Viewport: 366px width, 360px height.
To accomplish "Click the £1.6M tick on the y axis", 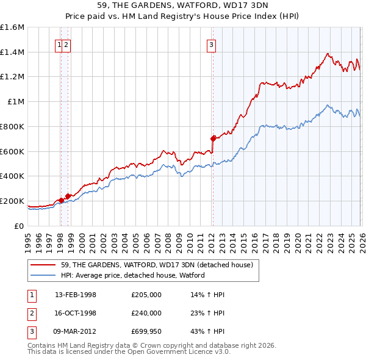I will click(x=12, y=27).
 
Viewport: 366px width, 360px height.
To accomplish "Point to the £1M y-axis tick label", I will click(x=15, y=102).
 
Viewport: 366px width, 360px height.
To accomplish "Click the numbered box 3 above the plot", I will click(x=211, y=43).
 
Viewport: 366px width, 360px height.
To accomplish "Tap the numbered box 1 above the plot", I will click(x=59, y=43).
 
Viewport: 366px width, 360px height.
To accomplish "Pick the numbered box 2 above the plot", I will click(x=66, y=43).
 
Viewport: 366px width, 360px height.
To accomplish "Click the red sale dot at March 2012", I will click(x=213, y=139).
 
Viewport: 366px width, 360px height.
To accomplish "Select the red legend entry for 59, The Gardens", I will click(x=144, y=264).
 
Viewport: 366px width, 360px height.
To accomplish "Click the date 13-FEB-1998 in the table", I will click(x=76, y=295).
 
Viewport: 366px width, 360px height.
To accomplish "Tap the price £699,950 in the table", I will click(x=146, y=331).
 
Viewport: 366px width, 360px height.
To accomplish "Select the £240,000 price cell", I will click(x=146, y=313).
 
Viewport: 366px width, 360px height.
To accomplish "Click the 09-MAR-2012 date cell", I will click(x=76, y=331).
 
